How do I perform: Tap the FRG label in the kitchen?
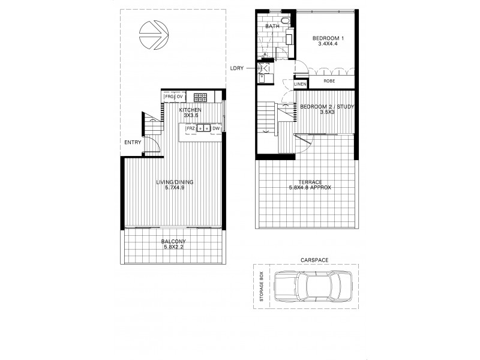click(x=169, y=96)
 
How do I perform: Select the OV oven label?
click(x=179, y=96)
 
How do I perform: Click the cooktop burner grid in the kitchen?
click(x=200, y=97)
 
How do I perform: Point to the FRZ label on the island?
click(x=190, y=128)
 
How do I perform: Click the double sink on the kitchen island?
click(x=204, y=128)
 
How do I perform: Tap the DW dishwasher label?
click(x=216, y=128)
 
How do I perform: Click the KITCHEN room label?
click(x=190, y=110)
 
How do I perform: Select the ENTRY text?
click(x=133, y=142)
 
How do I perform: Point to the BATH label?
click(x=274, y=27)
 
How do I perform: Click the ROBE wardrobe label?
click(x=329, y=80)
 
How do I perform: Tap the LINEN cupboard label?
click(x=301, y=85)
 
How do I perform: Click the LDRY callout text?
click(x=236, y=67)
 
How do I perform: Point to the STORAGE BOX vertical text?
click(x=261, y=286)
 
